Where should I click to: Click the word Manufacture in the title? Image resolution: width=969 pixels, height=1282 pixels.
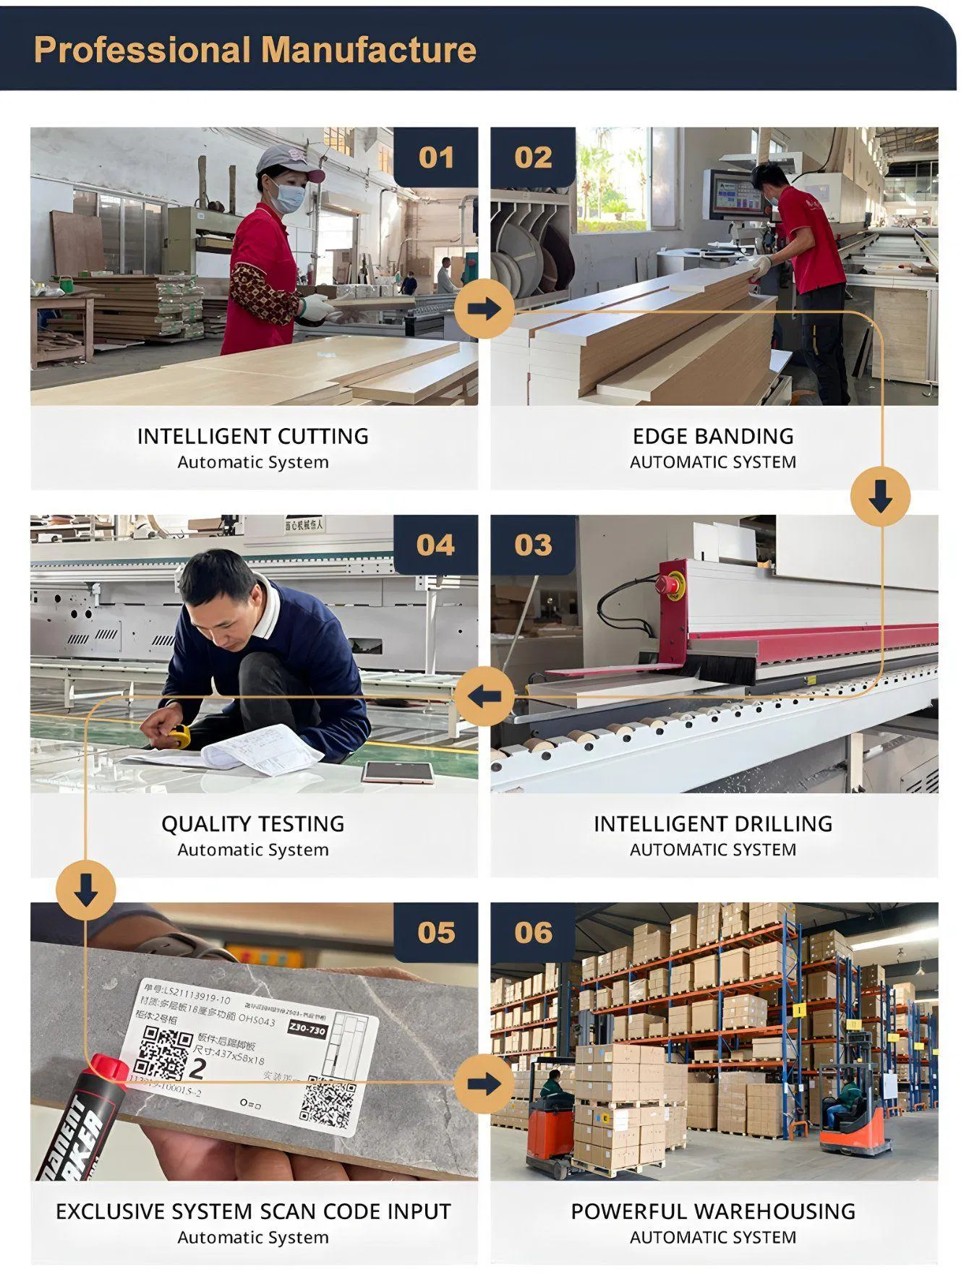click(x=368, y=51)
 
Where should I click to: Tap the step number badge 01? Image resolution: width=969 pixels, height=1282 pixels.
click(x=436, y=158)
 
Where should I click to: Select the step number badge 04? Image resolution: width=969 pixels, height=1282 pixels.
click(x=435, y=545)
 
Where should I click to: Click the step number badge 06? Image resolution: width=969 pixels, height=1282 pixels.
click(x=533, y=933)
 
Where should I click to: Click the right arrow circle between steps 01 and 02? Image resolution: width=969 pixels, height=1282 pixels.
click(x=484, y=309)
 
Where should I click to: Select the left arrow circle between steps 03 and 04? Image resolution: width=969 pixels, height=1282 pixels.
click(x=484, y=697)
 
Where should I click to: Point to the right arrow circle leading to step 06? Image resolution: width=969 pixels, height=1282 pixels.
click(x=484, y=1084)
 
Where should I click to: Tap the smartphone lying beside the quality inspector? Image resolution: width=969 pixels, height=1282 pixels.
click(x=398, y=772)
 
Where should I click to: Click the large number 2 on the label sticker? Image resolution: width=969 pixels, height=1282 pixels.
click(x=197, y=1068)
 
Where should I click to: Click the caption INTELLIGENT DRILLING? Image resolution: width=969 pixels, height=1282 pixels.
click(x=713, y=824)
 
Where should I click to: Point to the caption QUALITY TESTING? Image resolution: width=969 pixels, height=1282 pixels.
click(x=253, y=824)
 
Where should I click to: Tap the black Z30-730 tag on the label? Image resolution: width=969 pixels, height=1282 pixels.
click(x=307, y=1028)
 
